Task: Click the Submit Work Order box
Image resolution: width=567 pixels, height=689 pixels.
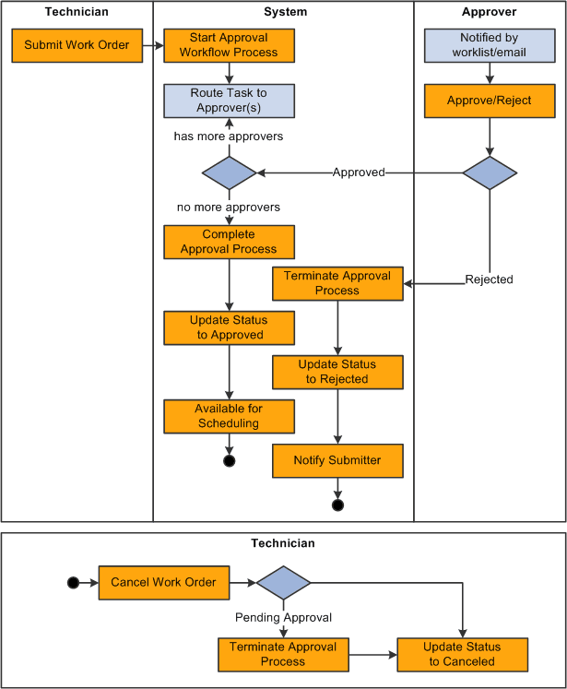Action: [x=77, y=45]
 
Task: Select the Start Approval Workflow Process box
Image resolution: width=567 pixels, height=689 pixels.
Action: [x=229, y=45]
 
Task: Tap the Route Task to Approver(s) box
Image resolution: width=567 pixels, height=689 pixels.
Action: [x=229, y=101]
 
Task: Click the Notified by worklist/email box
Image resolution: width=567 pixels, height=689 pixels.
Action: [x=490, y=45]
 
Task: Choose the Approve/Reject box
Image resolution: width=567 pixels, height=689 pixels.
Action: [x=490, y=101]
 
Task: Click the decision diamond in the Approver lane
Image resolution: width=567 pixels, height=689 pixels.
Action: [x=490, y=172]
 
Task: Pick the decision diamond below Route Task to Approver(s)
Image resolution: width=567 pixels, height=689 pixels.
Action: [x=229, y=172]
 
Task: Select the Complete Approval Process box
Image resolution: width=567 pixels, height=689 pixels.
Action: [x=229, y=243]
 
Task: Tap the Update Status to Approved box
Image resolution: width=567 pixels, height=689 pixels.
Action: [x=229, y=327]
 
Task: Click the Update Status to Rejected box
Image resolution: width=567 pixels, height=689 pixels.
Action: [x=337, y=372]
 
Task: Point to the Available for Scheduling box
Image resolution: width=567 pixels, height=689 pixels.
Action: [x=229, y=416]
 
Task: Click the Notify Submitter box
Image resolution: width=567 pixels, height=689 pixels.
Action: [x=337, y=460]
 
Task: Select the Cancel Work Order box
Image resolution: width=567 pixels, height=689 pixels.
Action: [x=163, y=582]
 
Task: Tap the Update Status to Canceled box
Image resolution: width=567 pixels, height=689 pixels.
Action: [x=462, y=654]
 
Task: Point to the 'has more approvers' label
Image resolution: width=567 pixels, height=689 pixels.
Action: [x=229, y=137]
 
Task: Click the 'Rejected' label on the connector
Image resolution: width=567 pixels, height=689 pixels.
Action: [x=489, y=279]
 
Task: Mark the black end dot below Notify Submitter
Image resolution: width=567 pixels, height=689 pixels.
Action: [x=337, y=505]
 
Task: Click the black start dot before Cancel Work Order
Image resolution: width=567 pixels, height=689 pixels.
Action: [x=74, y=583]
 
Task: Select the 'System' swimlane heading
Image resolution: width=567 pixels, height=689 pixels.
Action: [x=284, y=12]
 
